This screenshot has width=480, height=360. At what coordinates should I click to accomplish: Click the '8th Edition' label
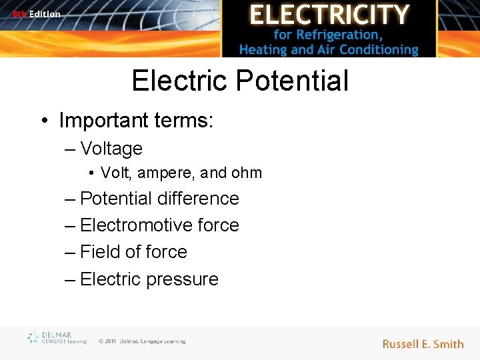36,14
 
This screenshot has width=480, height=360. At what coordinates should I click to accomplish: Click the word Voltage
111,149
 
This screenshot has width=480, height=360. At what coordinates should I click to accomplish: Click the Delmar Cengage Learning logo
57,338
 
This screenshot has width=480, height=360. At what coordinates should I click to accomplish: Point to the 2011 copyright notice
142,341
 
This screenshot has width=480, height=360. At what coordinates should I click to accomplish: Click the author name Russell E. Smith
423,344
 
